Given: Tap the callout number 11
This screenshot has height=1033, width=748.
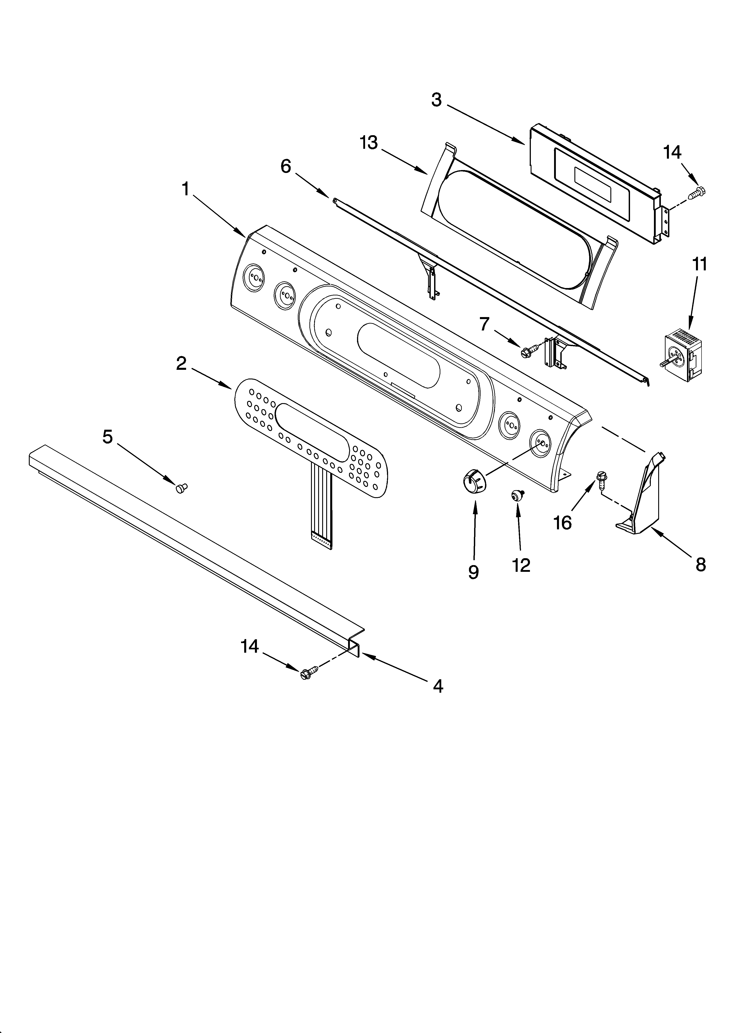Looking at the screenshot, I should pos(700,264).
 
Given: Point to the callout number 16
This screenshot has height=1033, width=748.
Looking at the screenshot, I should pos(563,523).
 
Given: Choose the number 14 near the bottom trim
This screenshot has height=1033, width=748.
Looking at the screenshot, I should pos(250,646).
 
